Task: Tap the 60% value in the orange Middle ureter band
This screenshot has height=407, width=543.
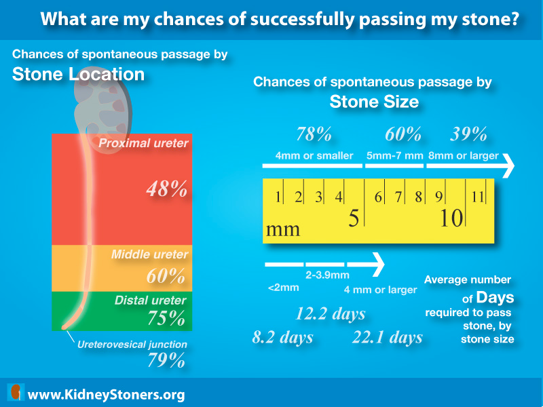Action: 166,276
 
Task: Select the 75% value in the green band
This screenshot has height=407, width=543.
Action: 166,318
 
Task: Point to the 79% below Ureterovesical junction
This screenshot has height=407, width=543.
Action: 166,360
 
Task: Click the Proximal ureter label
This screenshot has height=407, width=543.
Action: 143,143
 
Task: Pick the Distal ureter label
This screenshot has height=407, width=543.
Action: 151,300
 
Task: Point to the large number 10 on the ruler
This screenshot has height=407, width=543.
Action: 450,219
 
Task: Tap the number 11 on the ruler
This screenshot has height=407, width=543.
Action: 478,197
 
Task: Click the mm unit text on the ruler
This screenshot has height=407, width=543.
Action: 283,229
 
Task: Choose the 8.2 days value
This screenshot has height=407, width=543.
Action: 282,337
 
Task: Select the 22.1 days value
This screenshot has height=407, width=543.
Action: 387,337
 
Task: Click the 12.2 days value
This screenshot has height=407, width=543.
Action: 330,314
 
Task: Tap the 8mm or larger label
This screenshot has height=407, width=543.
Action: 463,156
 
